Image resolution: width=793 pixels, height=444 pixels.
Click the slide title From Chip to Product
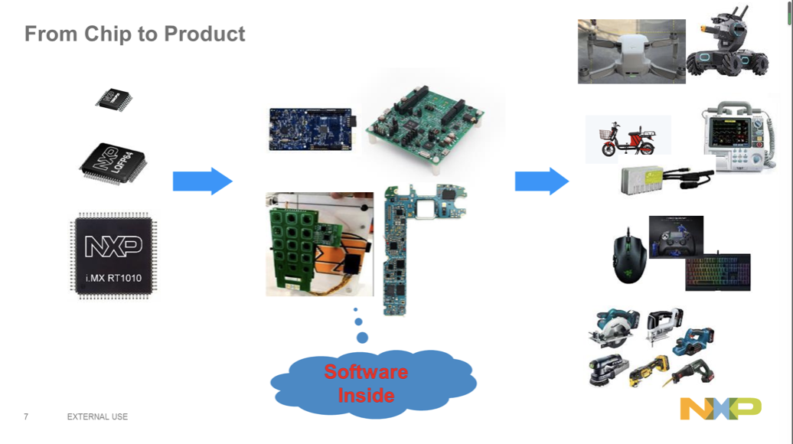tap(135, 34)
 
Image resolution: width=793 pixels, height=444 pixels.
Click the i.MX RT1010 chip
tap(113, 255)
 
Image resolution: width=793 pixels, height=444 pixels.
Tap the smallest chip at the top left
tap(114, 99)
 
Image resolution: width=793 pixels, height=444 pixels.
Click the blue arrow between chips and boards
tap(202, 181)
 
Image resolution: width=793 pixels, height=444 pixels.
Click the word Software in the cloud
tap(365, 372)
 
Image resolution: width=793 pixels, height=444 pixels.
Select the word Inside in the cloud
tap(366, 395)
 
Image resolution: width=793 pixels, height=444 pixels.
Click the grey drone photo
tap(631, 51)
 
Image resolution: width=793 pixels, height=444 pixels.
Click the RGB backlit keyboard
tap(718, 273)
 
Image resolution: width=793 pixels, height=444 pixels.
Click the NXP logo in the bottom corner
tap(720, 409)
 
